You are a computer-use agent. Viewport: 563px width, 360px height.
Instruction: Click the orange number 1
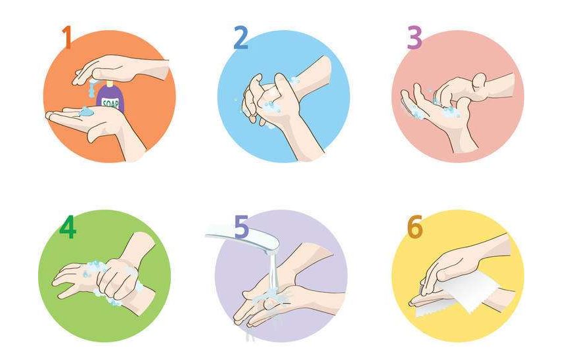coord(67,37)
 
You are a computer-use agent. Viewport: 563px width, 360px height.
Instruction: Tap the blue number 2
coord(241,37)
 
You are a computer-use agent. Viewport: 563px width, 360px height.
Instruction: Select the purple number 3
coord(415,37)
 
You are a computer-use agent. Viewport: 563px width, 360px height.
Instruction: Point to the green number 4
coord(68,227)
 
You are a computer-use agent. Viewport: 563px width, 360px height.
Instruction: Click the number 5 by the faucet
coord(241,227)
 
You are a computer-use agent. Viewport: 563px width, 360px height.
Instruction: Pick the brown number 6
coord(415,227)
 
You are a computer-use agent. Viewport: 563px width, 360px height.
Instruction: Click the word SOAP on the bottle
coord(111,104)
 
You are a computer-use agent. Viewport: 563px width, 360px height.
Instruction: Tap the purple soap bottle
coord(110,98)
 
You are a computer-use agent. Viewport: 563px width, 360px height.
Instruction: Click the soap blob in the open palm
coord(86,112)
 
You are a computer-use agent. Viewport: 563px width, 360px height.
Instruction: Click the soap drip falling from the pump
coord(92,89)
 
